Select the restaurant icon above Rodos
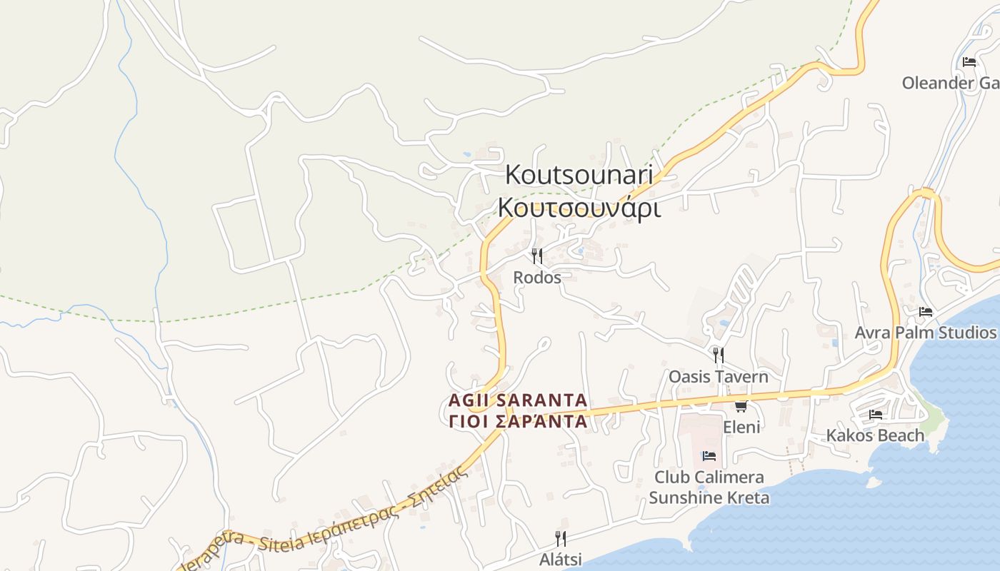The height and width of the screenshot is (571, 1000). click(537, 256)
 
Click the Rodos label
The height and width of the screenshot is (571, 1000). click(537, 277)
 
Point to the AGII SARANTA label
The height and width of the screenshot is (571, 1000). click(518, 400)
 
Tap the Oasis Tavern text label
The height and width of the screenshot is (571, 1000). click(719, 376)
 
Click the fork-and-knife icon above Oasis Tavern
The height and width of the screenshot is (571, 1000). click(719, 355)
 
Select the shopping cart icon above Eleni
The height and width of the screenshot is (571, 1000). click(741, 407)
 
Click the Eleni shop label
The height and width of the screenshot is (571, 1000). click(741, 427)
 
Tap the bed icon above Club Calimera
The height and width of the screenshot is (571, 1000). click(709, 456)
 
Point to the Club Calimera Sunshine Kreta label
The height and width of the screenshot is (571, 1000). click(709, 487)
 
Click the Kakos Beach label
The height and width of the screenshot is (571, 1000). click(875, 435)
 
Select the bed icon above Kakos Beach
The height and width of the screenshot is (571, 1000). click(876, 415)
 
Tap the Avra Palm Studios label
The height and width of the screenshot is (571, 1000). click(926, 333)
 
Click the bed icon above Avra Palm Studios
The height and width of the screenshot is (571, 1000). click(926, 312)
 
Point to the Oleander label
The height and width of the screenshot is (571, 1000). click(950, 83)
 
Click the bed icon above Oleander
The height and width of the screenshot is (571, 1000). click(969, 62)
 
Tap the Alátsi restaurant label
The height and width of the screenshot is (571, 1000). click(561, 559)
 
